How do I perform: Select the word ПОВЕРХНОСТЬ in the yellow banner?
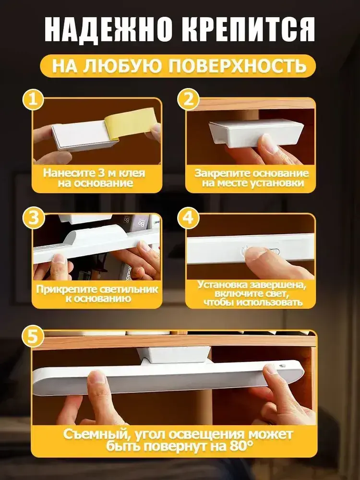tap(238, 65)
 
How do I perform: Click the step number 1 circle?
tap(34, 99)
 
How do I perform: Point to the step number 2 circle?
tap(188, 99)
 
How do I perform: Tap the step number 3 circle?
tap(34, 218)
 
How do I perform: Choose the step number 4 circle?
tap(188, 218)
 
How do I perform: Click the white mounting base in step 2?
tap(256, 133)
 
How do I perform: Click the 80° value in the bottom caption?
tap(241, 446)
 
